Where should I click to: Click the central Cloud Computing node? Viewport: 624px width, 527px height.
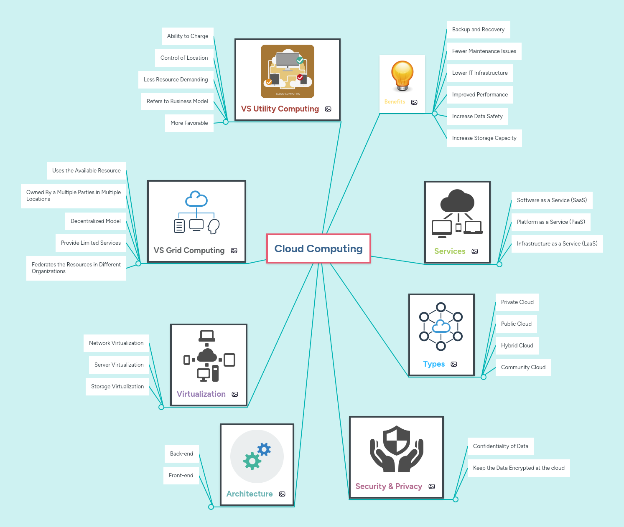[318, 248]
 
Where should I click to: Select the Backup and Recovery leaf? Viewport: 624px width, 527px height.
[478, 30]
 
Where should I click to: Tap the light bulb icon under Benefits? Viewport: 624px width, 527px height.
[402, 76]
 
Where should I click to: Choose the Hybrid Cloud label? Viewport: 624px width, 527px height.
[517, 346]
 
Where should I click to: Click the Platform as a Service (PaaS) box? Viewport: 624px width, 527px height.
[550, 222]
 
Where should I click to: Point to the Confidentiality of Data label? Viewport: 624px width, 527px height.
[500, 446]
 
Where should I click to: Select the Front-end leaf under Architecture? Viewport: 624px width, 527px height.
[181, 476]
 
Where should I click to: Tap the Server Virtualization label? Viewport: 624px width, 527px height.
[119, 365]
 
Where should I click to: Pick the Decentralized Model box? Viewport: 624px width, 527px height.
[95, 221]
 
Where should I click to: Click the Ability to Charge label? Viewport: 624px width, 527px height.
[188, 36]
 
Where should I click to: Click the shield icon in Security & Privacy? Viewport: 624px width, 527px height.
[397, 441]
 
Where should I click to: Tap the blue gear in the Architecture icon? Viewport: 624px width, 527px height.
[264, 449]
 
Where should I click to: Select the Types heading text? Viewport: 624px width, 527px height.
[434, 364]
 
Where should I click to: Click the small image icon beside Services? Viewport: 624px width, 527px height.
[475, 251]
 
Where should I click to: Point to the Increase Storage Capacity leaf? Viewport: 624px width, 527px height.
[484, 138]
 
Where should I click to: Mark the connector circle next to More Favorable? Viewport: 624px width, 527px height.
[226, 122]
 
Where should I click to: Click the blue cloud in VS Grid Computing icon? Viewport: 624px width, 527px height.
[196, 199]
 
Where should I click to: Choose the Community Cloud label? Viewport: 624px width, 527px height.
[523, 367]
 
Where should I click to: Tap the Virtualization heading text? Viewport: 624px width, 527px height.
[201, 394]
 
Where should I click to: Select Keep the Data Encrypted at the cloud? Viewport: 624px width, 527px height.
[518, 468]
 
